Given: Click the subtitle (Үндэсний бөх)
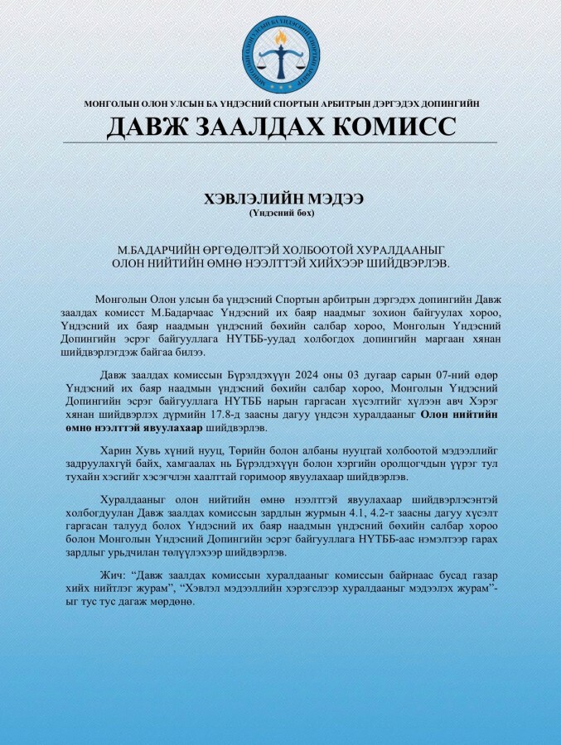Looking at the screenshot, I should pos(280,213).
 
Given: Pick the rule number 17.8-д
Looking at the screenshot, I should pos(268,415).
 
